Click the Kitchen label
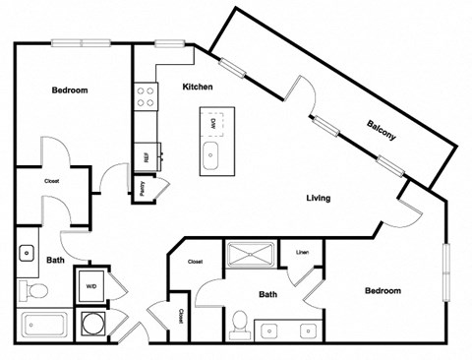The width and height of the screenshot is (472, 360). click(x=198, y=88)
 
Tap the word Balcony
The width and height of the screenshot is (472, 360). click(x=382, y=130)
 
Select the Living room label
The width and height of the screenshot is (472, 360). click(x=317, y=198)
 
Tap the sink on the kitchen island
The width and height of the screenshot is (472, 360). click(x=211, y=153)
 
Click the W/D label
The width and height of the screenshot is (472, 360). click(x=91, y=287)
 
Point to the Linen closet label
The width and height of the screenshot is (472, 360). click(x=302, y=253)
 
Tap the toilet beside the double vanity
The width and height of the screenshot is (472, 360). click(x=239, y=323)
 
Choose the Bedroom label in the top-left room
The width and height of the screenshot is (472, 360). click(x=69, y=90)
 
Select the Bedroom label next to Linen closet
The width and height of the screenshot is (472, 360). click(x=383, y=291)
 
